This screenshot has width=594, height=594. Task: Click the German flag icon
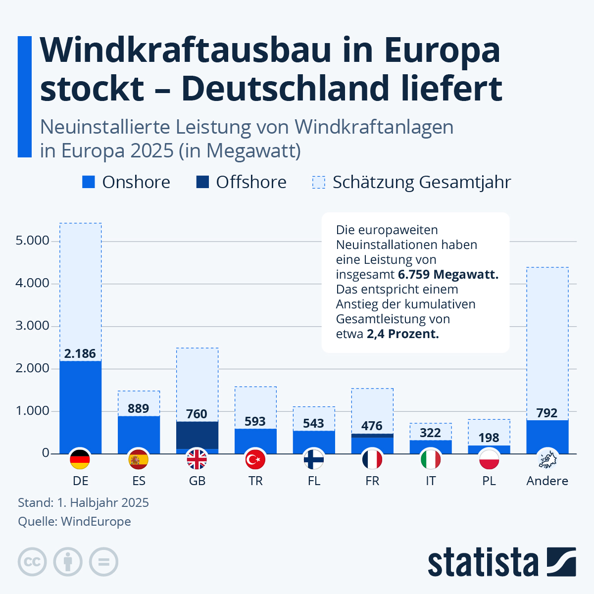(x=80, y=459)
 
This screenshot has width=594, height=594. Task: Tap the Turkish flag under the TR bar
(x=255, y=459)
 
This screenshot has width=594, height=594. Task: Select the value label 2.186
(x=80, y=353)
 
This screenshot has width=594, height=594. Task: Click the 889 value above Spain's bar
(x=138, y=408)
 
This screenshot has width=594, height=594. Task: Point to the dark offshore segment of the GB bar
(x=197, y=435)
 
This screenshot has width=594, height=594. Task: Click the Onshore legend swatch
(x=89, y=182)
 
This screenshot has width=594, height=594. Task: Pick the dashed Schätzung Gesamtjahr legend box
(x=319, y=182)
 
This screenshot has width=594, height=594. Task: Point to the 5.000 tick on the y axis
(x=33, y=241)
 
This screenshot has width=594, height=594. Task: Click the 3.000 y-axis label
(x=33, y=326)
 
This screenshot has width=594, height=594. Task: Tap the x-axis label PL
(x=489, y=481)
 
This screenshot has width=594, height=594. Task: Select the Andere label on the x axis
(x=547, y=481)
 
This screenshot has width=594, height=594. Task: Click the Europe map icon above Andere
(x=547, y=459)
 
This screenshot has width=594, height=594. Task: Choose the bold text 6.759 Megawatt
(x=448, y=274)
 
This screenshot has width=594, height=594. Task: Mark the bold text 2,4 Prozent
(x=402, y=334)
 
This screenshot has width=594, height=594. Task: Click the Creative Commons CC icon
(x=32, y=562)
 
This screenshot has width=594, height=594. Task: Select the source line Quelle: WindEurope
(x=74, y=521)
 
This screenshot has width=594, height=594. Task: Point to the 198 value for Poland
(x=489, y=438)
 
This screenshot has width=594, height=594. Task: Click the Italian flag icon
(x=431, y=459)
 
